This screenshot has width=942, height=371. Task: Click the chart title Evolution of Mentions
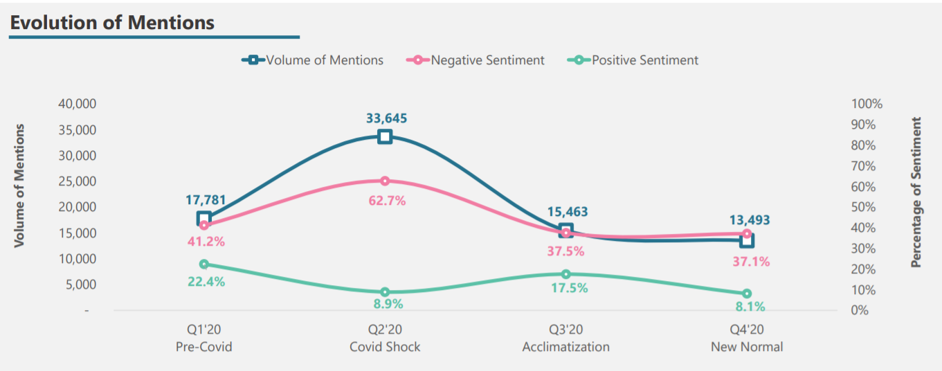coord(112,22)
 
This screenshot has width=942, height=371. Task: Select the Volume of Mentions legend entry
coord(313,60)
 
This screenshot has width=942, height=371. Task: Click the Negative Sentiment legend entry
coord(479,60)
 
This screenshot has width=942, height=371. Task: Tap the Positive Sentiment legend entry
coord(636,60)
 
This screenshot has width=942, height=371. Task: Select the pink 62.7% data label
coord(386,201)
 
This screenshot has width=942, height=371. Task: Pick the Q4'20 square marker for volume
coord(747,240)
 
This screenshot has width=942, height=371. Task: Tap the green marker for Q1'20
coord(203,264)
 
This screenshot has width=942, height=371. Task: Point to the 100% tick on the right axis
coord(867,104)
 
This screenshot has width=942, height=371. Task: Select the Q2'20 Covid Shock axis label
coord(385,339)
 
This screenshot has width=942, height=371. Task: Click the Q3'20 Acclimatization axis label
coord(565,339)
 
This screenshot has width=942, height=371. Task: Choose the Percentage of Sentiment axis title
coord(916,192)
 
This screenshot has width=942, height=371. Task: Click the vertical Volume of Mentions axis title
coord(19,185)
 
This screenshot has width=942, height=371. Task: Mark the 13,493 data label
coord(749,220)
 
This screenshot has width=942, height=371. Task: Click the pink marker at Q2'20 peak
coord(386,181)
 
